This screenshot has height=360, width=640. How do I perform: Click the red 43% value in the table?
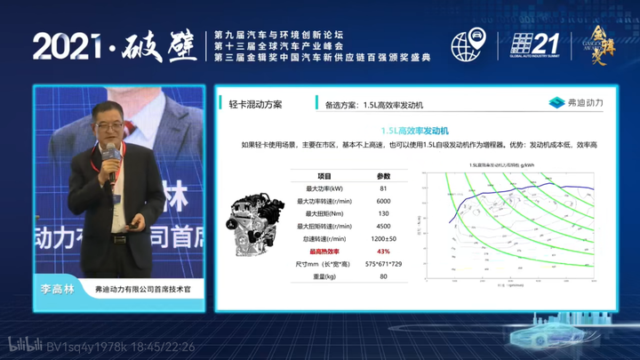tap(384, 252)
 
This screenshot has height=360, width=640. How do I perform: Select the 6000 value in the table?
tap(383, 201)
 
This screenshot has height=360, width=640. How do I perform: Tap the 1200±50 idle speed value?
tap(383, 238)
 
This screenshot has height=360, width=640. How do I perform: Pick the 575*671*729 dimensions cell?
tap(384, 264)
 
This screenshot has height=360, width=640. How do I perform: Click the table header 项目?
tap(324, 176)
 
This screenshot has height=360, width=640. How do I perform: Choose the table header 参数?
tap(383, 176)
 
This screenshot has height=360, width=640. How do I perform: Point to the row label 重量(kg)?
tap(324, 276)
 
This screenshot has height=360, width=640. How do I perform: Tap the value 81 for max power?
tap(383, 188)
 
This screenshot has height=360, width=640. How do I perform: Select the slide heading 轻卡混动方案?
tap(255, 104)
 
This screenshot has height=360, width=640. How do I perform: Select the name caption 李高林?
tap(55, 289)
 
